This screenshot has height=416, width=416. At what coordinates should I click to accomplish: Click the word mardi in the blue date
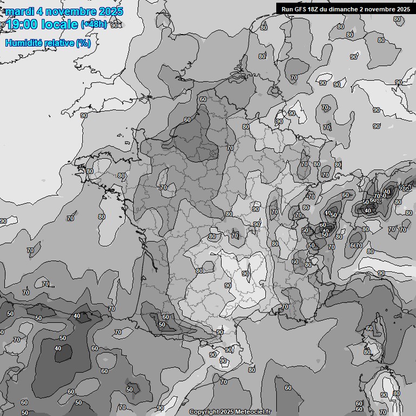tap(20, 11)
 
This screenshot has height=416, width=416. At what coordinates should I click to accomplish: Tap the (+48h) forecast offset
tap(94, 24)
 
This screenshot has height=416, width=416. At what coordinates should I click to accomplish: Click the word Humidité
tap(24, 43)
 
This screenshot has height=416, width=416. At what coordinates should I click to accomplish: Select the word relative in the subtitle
tap(60, 43)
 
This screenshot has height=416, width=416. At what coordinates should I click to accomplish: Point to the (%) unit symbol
tap(83, 43)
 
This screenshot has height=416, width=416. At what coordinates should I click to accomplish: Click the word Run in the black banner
tap(287, 9)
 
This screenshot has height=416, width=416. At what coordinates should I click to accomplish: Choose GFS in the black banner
tap(301, 9)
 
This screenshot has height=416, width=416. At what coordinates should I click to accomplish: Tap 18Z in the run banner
tap(315, 9)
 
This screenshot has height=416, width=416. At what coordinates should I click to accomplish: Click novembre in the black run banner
tap(381, 9)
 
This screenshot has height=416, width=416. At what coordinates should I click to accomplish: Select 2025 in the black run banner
tap(403, 9)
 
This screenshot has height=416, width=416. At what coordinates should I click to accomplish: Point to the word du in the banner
tap(326, 9)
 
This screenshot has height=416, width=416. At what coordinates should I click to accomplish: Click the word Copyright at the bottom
tap(204, 412)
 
